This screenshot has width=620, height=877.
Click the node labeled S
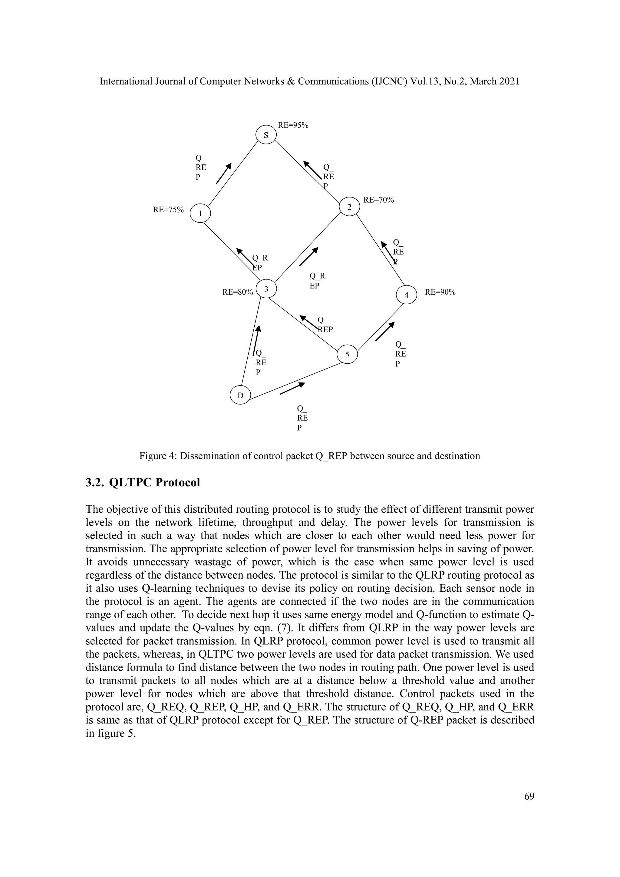pos(266,134)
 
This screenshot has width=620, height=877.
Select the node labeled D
pos(240,395)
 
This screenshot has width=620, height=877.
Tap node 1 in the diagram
pos(200,213)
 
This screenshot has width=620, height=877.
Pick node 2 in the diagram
pos(349,207)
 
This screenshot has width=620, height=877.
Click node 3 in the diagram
pos(266,289)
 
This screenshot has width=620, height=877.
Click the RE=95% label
pos(293,125)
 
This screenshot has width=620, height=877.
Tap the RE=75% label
pos(168,209)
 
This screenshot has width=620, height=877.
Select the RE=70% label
pos(378,200)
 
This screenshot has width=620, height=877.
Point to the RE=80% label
pos(237,292)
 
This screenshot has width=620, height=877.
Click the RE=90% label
pos(440,292)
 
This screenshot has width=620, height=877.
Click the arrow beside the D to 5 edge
pos(292,389)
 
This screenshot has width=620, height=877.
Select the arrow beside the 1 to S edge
pos(224,173)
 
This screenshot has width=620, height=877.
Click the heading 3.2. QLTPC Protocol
pos(143,482)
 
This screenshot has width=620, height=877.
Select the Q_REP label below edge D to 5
pos(302,418)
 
